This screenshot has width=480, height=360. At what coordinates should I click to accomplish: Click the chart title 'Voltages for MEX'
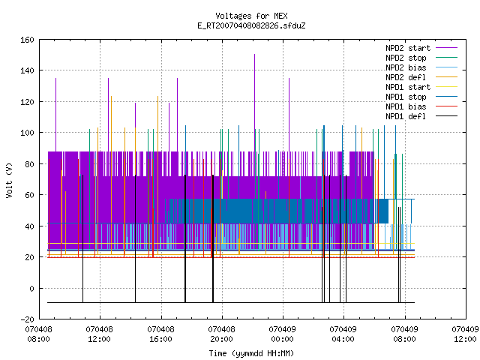tap(251, 16)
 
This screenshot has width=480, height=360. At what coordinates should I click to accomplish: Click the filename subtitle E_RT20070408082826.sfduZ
tap(251, 25)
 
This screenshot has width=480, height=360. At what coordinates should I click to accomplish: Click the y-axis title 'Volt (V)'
tap(9, 180)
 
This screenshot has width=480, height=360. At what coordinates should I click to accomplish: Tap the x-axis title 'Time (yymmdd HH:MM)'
tap(251, 353)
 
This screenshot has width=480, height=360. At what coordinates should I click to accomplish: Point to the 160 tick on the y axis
tap(27, 40)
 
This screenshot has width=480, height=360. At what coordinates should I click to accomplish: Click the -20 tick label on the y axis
tap(27, 319)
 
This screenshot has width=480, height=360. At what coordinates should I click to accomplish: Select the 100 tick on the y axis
tap(27, 133)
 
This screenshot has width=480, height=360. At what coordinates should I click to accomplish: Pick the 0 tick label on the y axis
tap(31, 289)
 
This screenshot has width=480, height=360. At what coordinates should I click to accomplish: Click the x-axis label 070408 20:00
tap(222, 334)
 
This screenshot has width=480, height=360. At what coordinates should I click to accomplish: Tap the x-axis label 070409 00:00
tap(282, 334)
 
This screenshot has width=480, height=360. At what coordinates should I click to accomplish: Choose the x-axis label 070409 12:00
tap(465, 334)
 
